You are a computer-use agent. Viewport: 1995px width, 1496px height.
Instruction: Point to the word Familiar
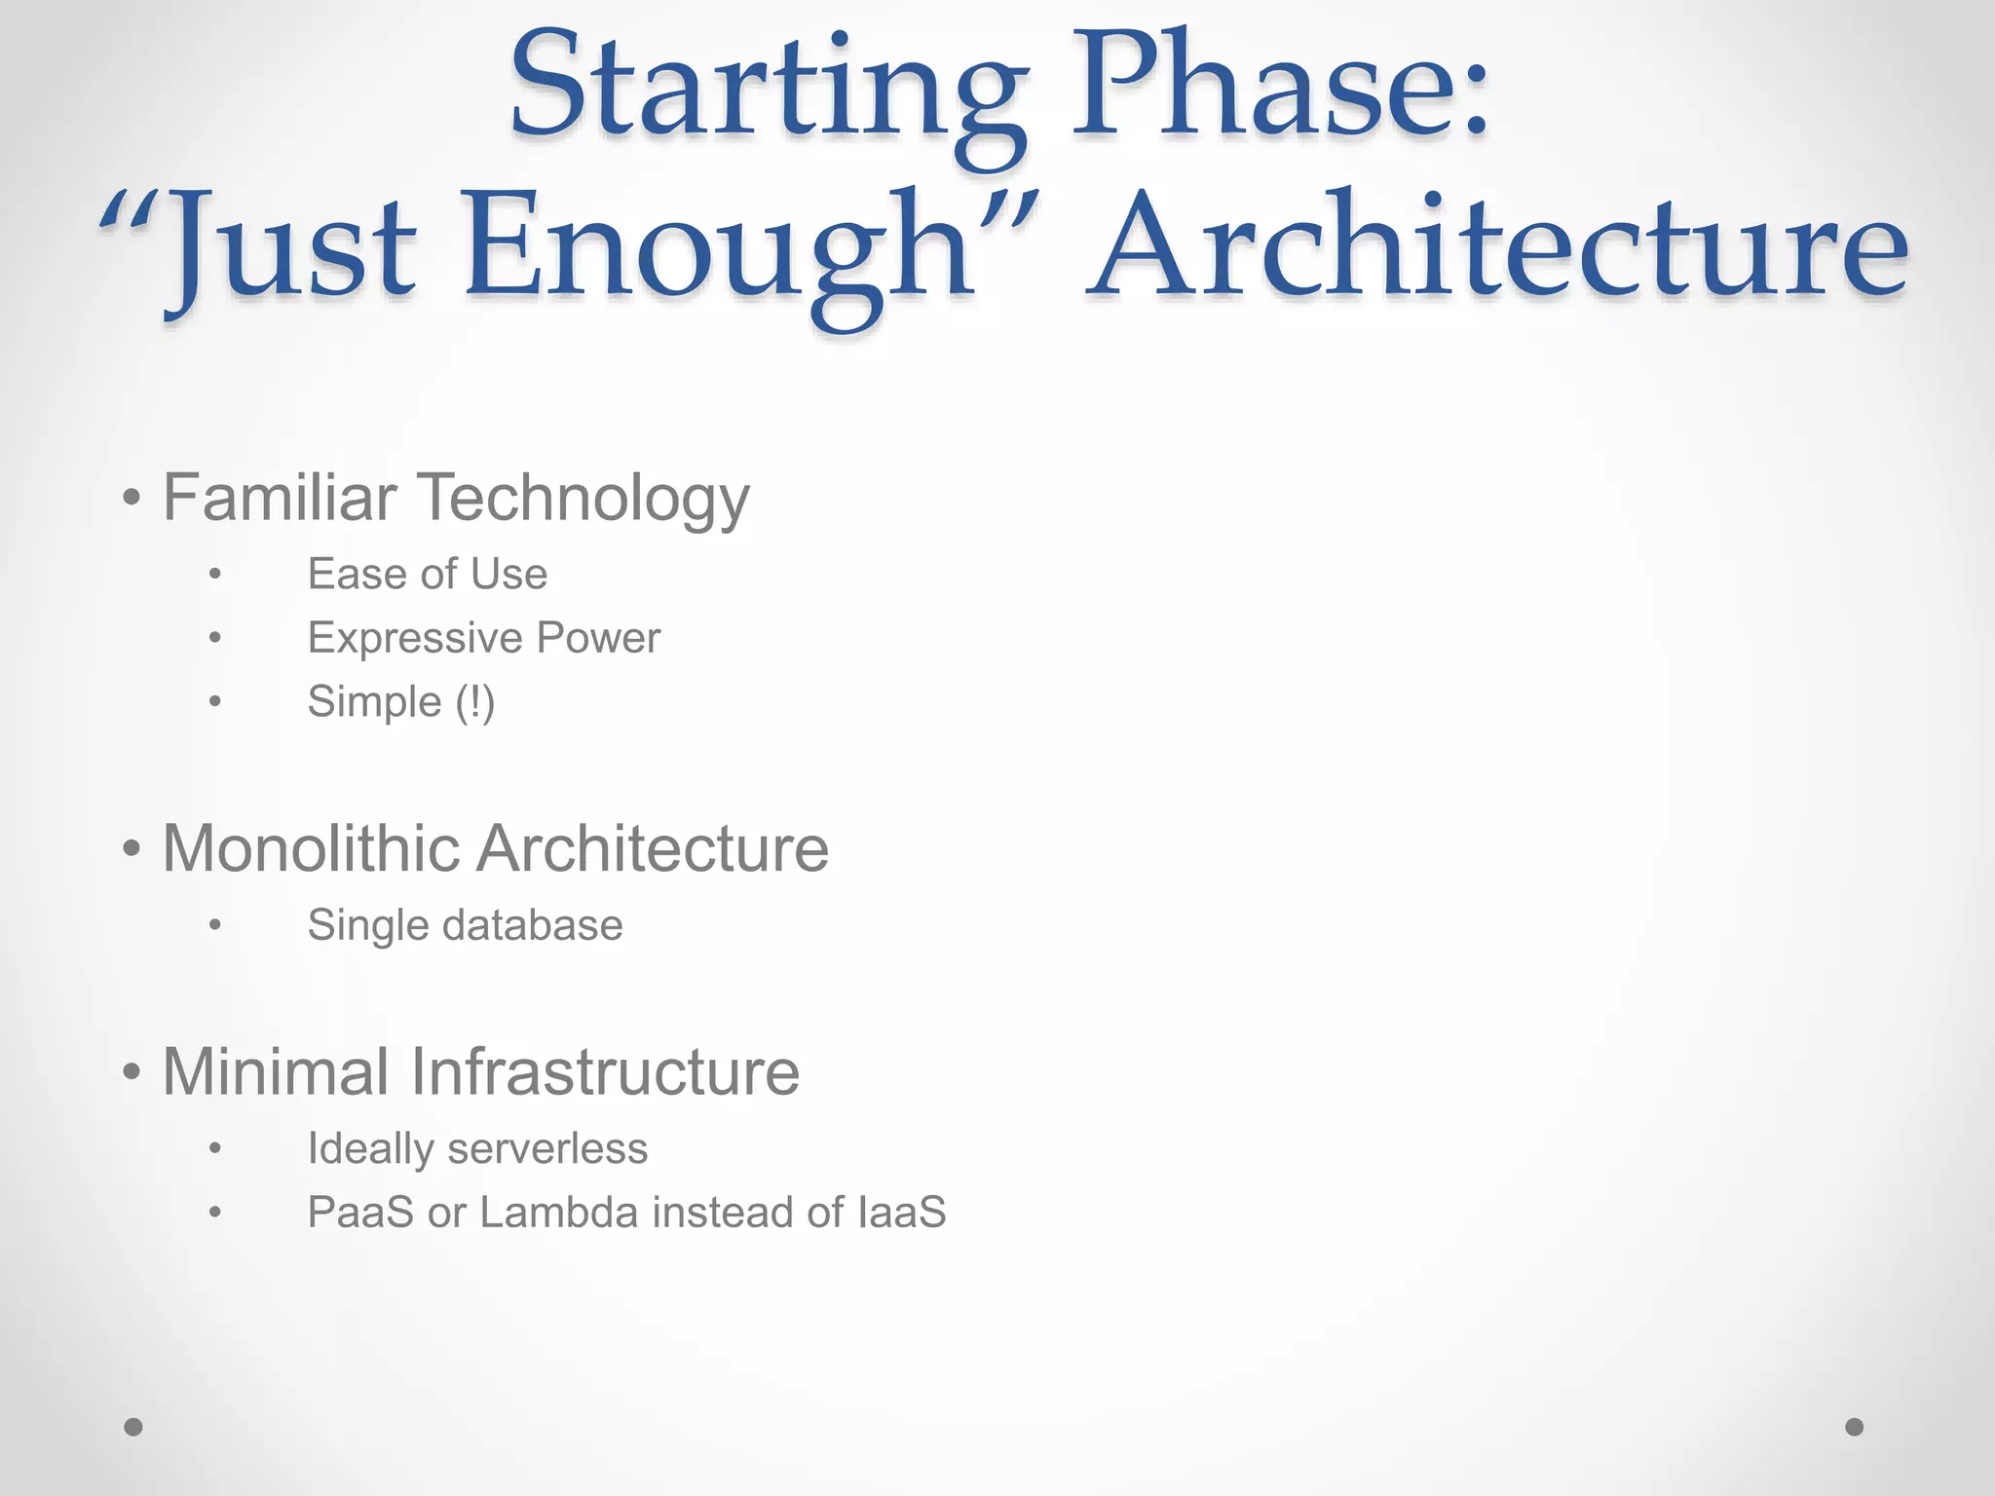[x=280, y=498]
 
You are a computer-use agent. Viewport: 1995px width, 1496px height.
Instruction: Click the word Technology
[x=584, y=500]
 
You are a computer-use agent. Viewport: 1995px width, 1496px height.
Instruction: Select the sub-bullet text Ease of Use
[x=427, y=575]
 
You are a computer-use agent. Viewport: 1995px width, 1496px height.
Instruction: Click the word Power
[x=598, y=639]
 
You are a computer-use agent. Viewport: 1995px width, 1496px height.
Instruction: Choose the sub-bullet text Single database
[x=465, y=925]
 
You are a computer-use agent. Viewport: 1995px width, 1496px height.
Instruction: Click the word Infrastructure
[x=605, y=1072]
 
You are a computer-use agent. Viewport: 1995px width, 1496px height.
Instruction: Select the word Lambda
[x=559, y=1213]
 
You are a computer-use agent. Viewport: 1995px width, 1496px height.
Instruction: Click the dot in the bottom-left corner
[x=133, y=1427]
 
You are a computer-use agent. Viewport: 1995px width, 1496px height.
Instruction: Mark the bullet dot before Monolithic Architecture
[x=132, y=849]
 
